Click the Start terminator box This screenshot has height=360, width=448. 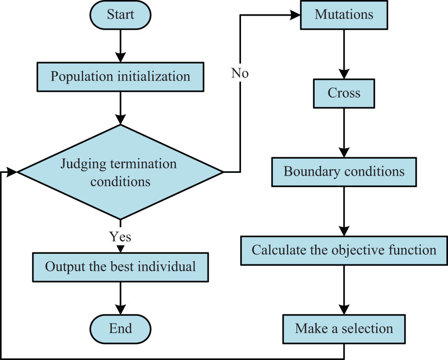pos(120,15)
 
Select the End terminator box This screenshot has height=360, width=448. pos(120,329)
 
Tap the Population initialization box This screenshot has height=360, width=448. pos(120,76)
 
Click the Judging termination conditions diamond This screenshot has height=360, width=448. pos(120,172)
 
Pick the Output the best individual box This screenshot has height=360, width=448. pos(120,267)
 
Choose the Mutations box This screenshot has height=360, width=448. pos(344,15)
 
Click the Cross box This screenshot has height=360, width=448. pos(344,93)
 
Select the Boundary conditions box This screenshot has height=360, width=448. pos(344,172)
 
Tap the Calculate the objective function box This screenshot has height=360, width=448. pos(344,251)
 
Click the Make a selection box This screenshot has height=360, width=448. pos(344,329)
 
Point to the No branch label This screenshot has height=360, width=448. pos(240,73)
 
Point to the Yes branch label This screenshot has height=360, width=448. pos(120,237)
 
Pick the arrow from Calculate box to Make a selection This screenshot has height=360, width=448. pos(344,290)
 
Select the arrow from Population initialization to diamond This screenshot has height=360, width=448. pos(120,108)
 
